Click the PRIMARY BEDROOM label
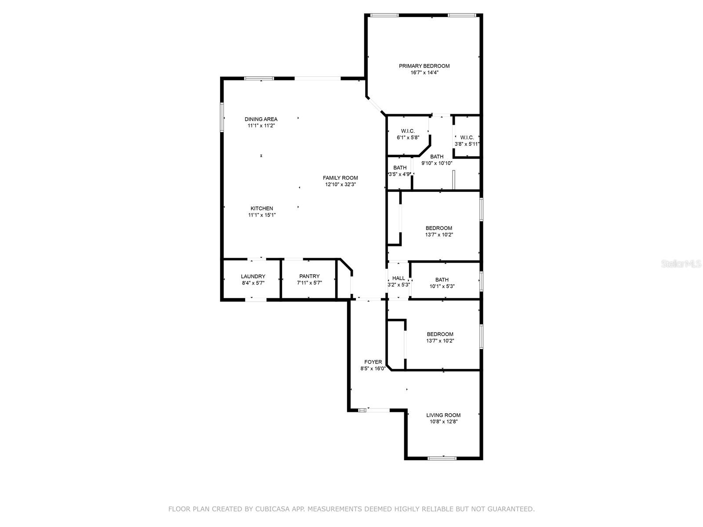[x=424, y=66]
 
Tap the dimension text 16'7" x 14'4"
[x=424, y=72]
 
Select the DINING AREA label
[x=261, y=119]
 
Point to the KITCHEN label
[x=262, y=209]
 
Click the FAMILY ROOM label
[x=340, y=178]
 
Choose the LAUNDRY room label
[x=253, y=276]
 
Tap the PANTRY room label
[x=309, y=276]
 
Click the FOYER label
[x=373, y=362]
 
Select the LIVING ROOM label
[x=443, y=415]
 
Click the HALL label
[x=399, y=278]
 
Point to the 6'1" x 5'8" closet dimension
[x=408, y=137]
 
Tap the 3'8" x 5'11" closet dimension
[x=467, y=144]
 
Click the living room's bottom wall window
[x=442, y=458]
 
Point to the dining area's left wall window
[x=222, y=117]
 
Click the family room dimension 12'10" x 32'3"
[x=340, y=184]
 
